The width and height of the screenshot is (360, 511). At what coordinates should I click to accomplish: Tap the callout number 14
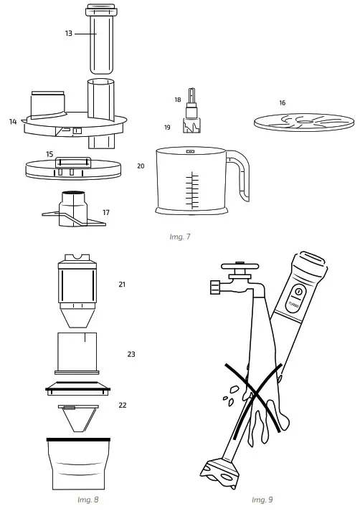point(13,122)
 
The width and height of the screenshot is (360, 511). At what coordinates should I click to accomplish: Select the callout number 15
point(49,154)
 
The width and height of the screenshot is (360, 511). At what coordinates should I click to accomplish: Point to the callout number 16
point(282,103)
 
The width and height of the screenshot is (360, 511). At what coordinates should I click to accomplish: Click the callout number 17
point(106,212)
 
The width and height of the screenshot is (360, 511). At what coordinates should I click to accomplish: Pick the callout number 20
point(141,166)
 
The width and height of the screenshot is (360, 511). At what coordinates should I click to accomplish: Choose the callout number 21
point(121,285)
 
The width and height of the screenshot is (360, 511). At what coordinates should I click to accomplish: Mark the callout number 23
point(131,354)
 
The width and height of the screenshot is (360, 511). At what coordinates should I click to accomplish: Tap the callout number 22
point(122,405)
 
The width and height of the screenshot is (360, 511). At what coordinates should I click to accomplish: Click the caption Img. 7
point(180,235)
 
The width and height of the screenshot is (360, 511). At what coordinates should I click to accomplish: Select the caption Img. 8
point(87,500)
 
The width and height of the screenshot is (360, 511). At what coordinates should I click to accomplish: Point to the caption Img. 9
point(262,500)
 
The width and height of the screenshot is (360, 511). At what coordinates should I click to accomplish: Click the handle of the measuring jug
point(240,176)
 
